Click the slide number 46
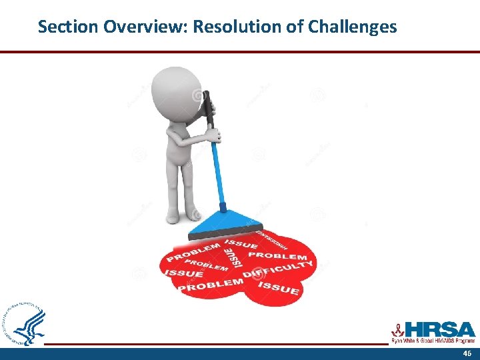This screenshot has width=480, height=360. coord(466,353)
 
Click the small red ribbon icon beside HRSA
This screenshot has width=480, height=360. coord(397,330)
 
